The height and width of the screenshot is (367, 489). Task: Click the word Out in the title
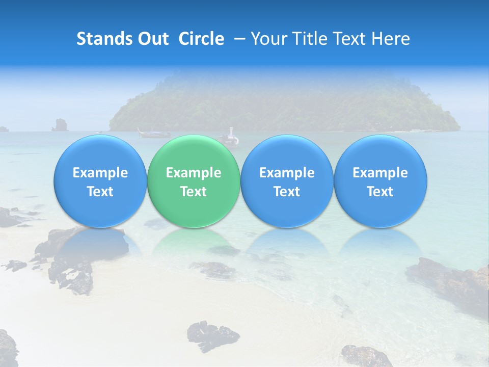(153, 39)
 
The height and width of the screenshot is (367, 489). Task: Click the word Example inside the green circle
(193, 173)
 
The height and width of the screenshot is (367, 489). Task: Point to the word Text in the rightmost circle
(380, 192)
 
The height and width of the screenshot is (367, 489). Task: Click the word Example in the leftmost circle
(100, 173)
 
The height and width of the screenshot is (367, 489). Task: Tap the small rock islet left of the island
(60, 124)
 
